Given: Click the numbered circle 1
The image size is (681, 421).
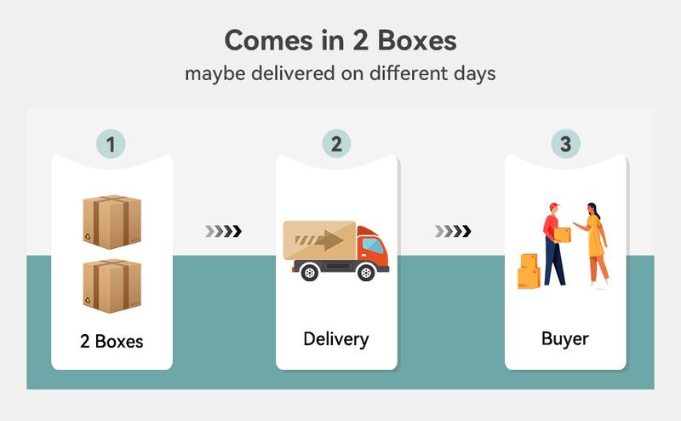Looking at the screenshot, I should click(110, 142).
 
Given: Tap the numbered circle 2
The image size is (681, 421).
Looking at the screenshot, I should click(336, 142).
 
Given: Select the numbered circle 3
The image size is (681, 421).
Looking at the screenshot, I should click(565, 142).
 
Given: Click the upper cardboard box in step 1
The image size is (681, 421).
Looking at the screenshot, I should click(112, 222).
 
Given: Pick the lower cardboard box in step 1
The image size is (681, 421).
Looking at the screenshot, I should click(112, 285).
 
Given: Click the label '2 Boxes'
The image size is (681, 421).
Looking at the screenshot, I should click(112, 342).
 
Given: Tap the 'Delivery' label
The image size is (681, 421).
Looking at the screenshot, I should click(336, 339).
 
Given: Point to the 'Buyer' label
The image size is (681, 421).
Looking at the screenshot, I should click(565, 339).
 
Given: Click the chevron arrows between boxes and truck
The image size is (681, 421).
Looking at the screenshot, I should click(224, 231).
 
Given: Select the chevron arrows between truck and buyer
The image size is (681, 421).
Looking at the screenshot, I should click(452, 231).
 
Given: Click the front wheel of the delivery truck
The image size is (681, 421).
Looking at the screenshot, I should click(366, 273).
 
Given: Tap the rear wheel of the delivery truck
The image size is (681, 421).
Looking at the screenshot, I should click(307, 273).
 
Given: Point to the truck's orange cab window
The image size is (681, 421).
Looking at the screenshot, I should click(371, 245).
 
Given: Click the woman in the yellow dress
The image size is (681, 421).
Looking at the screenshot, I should click(596, 243).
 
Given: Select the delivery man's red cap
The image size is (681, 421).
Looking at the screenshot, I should click(554, 206).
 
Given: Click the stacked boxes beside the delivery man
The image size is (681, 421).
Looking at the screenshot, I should click(529, 271).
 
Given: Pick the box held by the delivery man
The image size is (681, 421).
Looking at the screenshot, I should click(563, 234).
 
